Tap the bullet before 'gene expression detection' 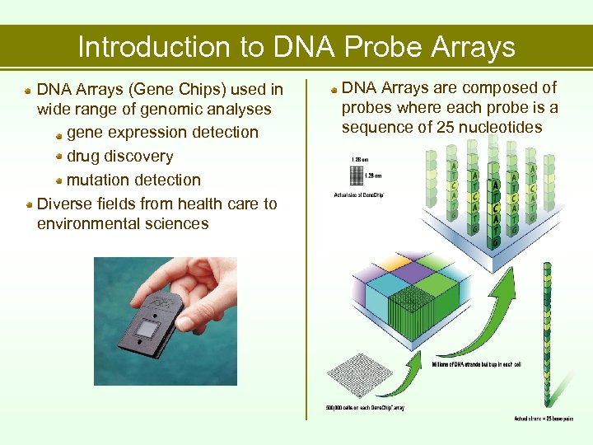[59, 133]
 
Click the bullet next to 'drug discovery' [59, 157]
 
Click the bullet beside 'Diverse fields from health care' [30, 204]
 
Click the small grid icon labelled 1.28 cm [356, 175]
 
